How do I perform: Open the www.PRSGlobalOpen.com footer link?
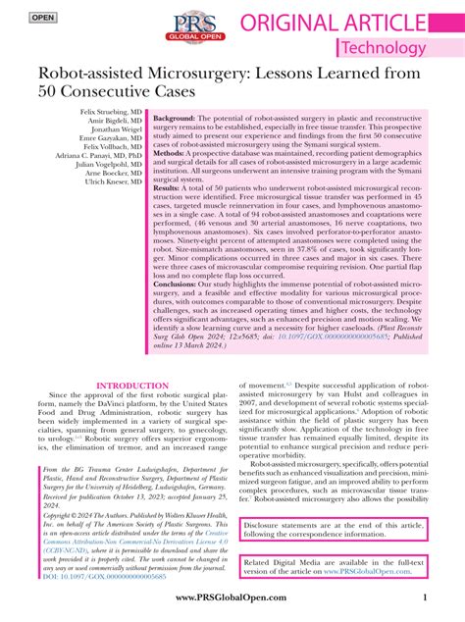[x=232, y=598]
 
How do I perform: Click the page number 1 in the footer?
[x=424, y=598]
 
